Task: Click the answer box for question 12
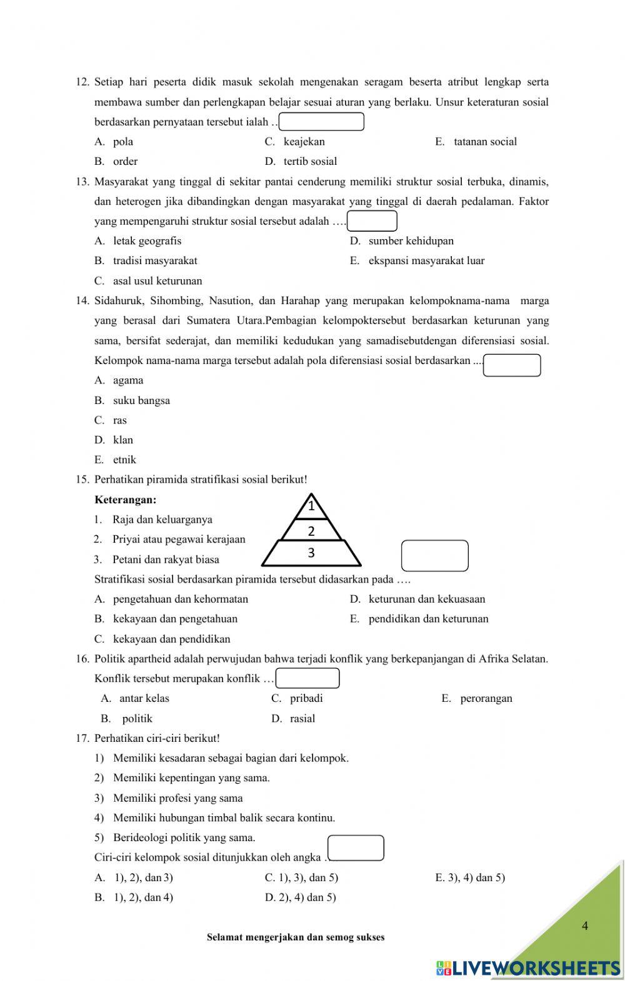321,122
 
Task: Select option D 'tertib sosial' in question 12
310,161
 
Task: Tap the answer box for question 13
372,221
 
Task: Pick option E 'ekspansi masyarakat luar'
426,261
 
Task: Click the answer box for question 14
512,365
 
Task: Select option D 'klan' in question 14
122,440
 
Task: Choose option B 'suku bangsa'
141,400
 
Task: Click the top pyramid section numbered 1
311,506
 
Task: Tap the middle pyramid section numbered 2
311,531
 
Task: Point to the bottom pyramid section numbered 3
311,553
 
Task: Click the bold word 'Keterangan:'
125,500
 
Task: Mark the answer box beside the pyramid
434,556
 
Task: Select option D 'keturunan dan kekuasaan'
426,599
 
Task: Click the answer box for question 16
307,678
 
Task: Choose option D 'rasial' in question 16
302,718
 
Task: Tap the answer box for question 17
356,848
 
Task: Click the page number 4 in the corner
584,926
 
